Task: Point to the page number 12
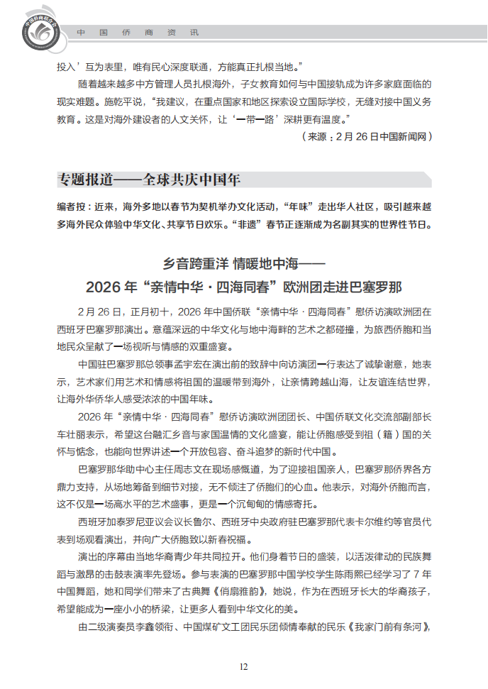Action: click(x=243, y=666)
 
